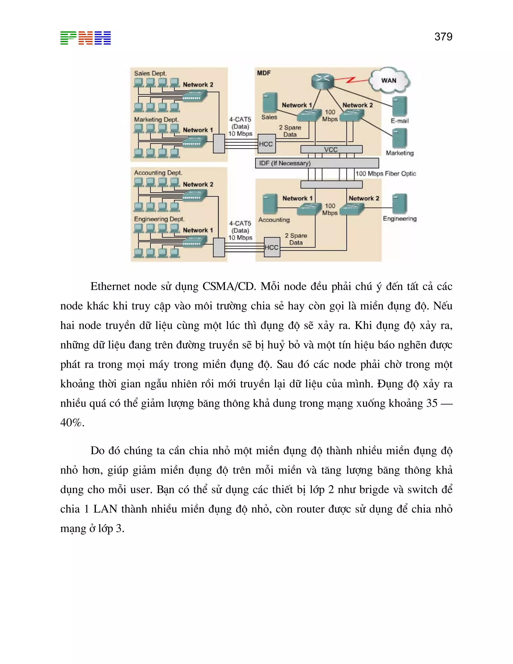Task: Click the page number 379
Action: [x=443, y=37]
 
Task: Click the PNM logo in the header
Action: [x=85, y=38]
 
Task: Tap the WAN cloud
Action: [x=389, y=80]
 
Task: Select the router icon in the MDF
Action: [x=322, y=81]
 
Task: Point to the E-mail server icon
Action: [x=400, y=106]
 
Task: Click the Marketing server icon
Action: [x=400, y=138]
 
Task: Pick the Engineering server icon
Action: [x=400, y=204]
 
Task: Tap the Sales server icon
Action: [x=270, y=102]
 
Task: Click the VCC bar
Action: [x=331, y=149]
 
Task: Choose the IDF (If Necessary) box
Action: [x=317, y=163]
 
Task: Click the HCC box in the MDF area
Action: [x=266, y=144]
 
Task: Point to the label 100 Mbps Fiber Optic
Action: [x=385, y=174]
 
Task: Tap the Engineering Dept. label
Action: [x=159, y=219]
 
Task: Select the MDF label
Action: [x=264, y=73]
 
